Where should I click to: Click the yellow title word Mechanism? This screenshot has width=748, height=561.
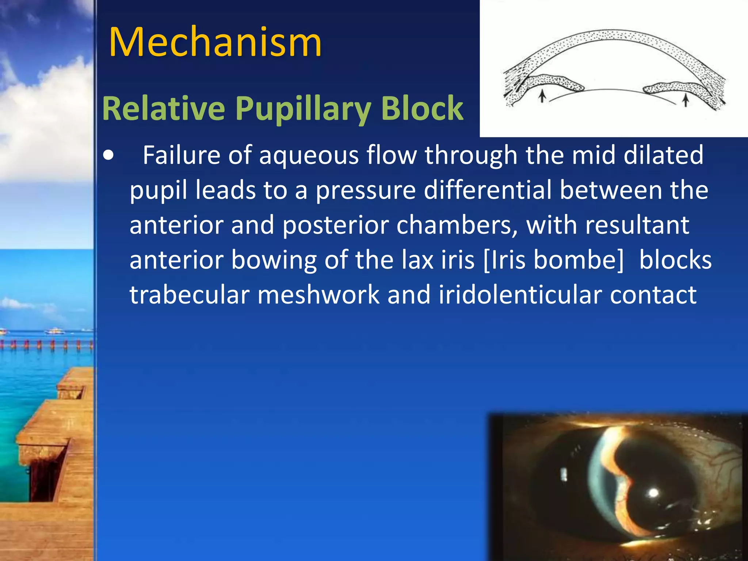(x=215, y=42)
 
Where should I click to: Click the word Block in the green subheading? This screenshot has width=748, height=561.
(x=422, y=108)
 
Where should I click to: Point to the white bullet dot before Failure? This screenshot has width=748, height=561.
(x=108, y=156)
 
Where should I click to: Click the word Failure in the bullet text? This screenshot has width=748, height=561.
(x=181, y=155)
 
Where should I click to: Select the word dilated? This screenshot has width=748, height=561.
(x=663, y=155)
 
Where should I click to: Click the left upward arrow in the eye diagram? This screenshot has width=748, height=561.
(x=543, y=96)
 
